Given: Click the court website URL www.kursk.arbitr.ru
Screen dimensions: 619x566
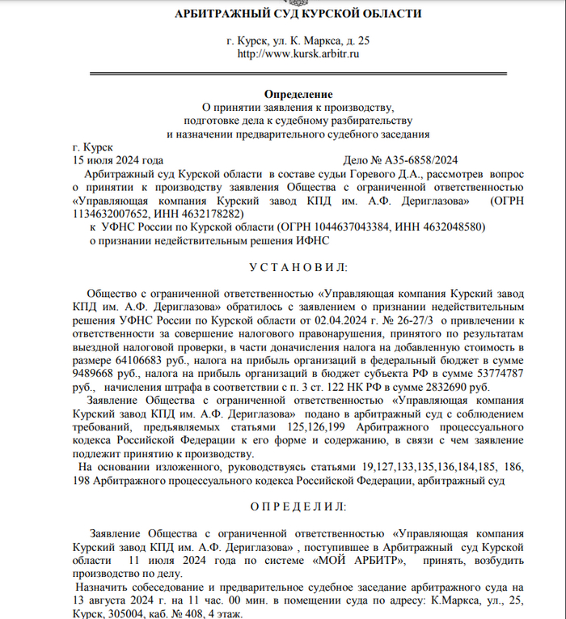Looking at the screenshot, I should (297, 54).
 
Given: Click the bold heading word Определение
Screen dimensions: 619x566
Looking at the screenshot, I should (297, 95).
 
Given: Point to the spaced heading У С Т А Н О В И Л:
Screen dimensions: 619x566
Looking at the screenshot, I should (297, 267).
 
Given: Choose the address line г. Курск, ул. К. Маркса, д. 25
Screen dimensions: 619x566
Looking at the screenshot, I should (297, 40).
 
